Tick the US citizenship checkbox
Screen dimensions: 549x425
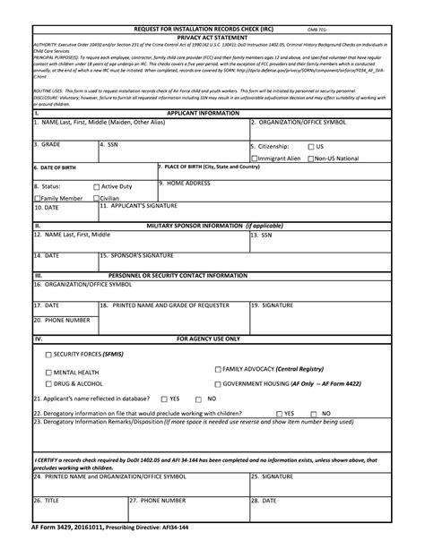[x=311, y=146]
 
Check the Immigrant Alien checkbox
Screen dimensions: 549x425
[x=255, y=159]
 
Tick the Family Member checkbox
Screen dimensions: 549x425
[x=38, y=198]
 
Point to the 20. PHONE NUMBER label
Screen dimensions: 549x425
[x=62, y=319]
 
